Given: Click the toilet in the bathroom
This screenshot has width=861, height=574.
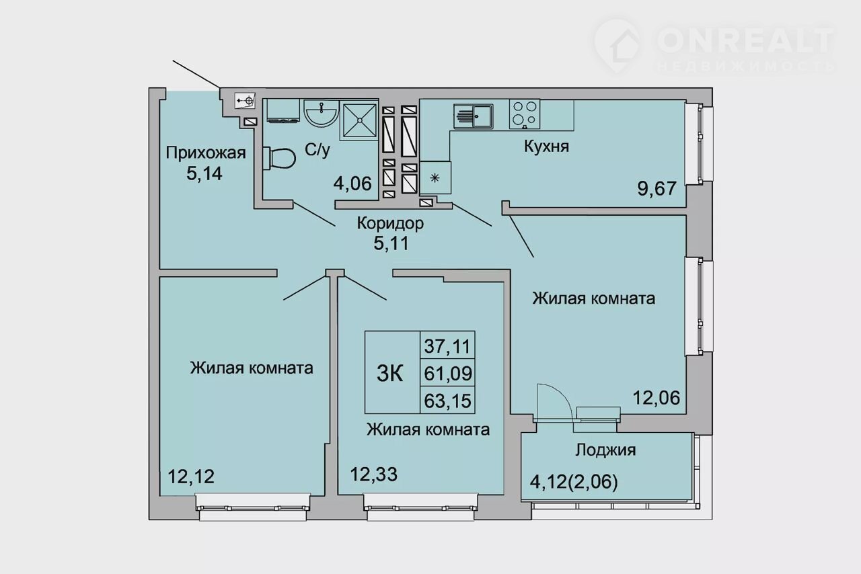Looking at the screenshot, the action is pos(279,157).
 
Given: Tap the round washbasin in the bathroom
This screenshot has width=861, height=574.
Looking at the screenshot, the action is pos(322,113).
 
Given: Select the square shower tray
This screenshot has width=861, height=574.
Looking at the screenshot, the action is pos(359,120).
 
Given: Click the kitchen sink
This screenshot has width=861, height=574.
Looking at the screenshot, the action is pos(473,116).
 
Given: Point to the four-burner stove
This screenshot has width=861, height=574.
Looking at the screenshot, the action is pos(525,114).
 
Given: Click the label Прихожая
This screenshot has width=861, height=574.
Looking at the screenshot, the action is pos(206,153).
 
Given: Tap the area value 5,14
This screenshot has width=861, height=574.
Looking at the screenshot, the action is pos(204,173).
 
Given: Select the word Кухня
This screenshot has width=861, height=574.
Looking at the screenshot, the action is pos(546,147).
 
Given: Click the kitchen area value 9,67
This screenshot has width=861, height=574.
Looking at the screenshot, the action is pos(657,188).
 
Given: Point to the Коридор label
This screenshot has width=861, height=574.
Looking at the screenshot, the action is pos(390,223).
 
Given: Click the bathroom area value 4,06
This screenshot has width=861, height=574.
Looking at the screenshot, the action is pos(352,183).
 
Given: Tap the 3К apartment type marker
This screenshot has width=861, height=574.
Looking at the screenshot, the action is pos(389,373).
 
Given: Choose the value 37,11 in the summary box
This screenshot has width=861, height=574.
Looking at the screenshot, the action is pos(447,346).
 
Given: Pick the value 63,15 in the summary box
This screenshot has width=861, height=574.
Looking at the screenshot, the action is pos(447,401).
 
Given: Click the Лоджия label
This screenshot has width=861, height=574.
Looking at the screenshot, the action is pos(605,450).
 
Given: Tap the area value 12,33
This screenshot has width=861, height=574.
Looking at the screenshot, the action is pos(373,475).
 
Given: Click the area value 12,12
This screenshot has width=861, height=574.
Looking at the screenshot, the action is pos(191,477).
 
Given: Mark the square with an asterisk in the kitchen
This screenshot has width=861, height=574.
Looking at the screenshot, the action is pos(435,177).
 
